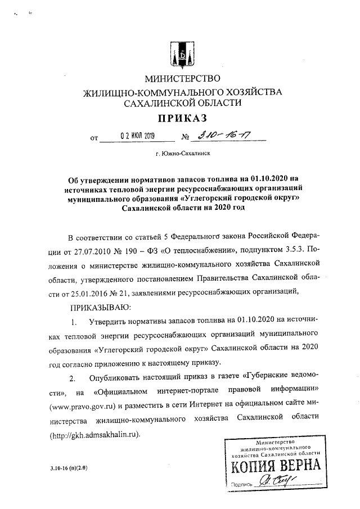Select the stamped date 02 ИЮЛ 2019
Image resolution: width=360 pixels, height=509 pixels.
(133, 136)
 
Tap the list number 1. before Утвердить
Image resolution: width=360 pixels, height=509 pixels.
(74, 322)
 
